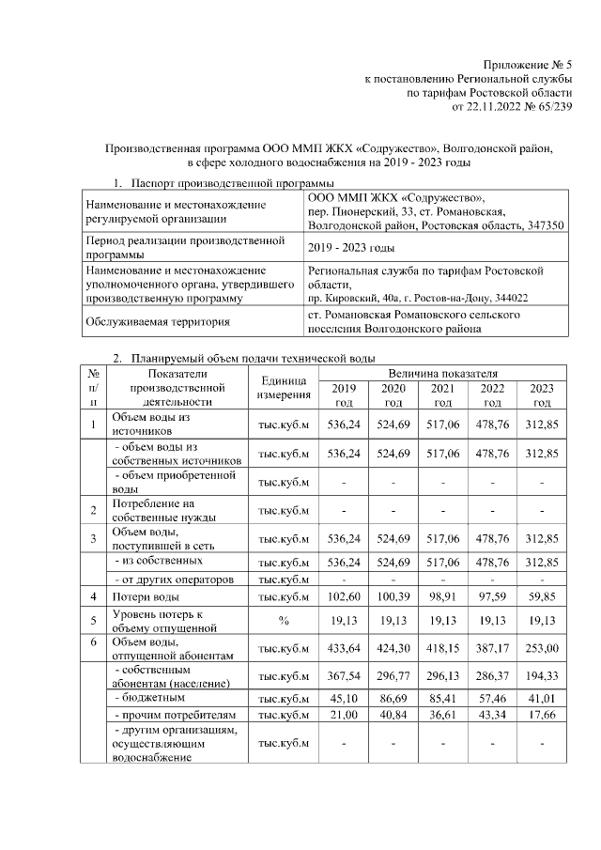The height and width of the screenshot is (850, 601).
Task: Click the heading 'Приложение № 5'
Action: pos(527,64)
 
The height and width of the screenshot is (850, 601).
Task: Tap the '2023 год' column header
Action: pos(542,394)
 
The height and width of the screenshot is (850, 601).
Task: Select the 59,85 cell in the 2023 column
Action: pos(542,596)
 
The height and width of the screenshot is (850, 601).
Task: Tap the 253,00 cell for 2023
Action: pos(542,647)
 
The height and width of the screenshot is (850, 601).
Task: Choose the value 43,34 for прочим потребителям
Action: pos(492,716)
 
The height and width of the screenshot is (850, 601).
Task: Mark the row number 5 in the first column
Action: pos(93,620)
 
